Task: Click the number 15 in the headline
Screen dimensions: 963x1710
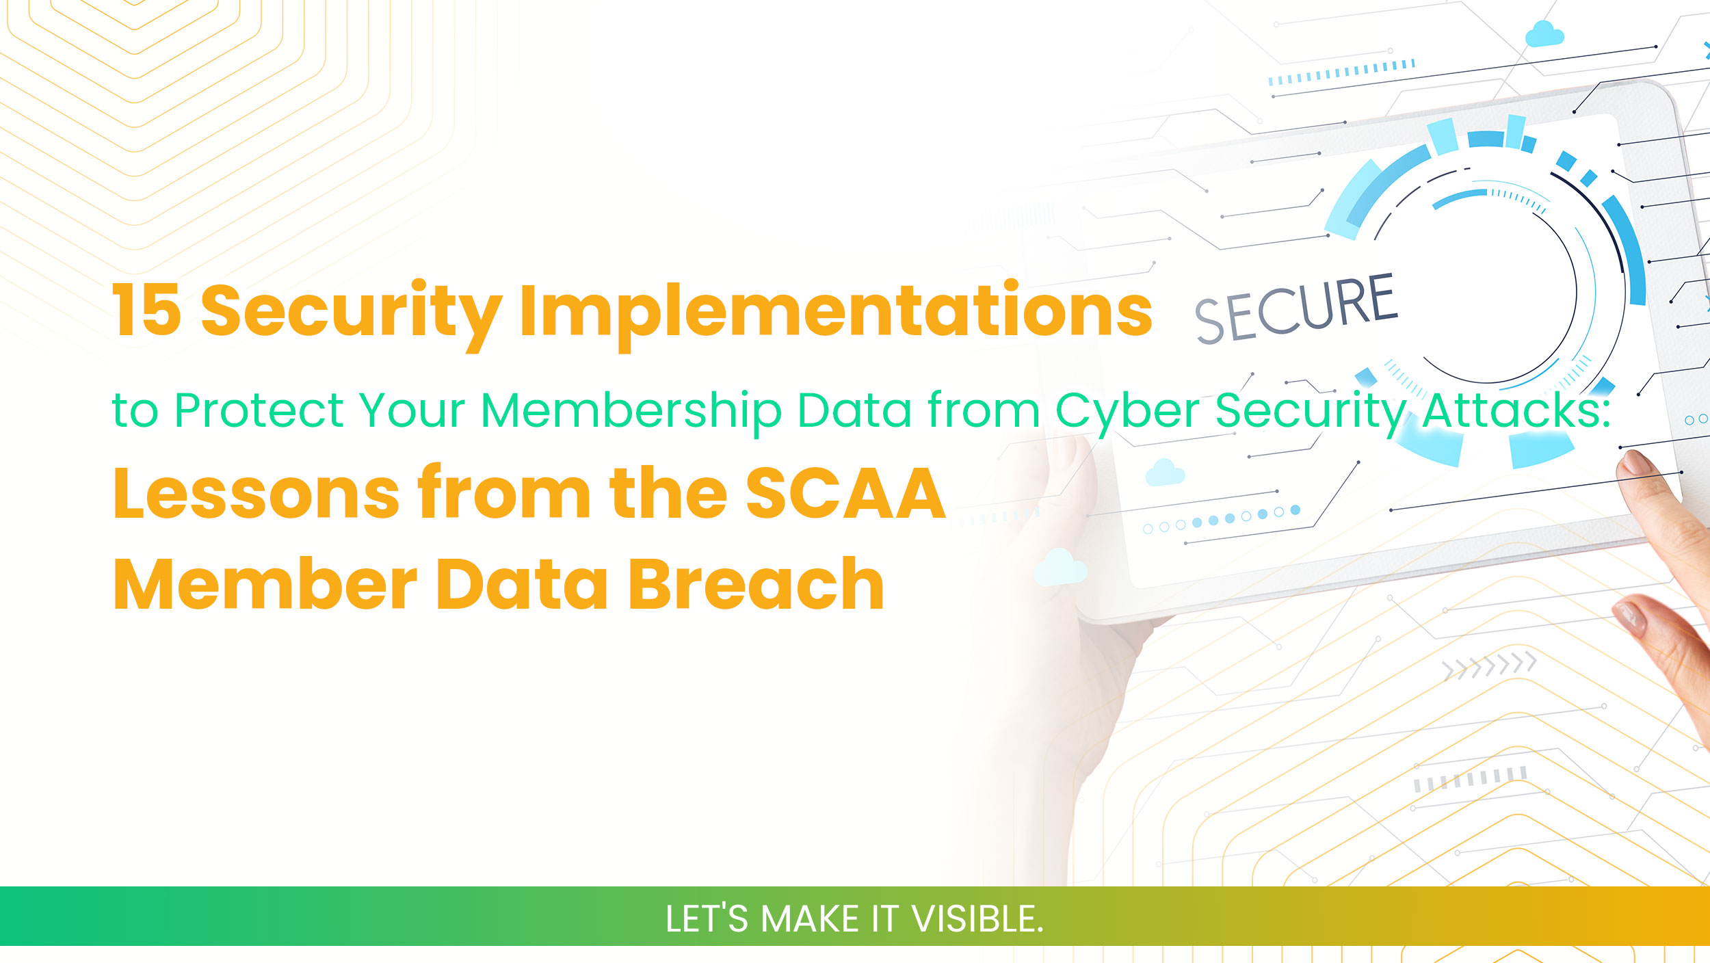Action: pyautogui.click(x=146, y=311)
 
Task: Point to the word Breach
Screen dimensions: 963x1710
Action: pyautogui.click(x=756, y=585)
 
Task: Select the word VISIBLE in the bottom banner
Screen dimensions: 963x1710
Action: pyautogui.click(x=977, y=919)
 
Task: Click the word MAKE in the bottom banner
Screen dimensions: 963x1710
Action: pyautogui.click(x=809, y=919)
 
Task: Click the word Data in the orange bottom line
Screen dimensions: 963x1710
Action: pyautogui.click(x=521, y=585)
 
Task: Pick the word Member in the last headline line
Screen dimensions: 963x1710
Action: pyautogui.click(x=265, y=585)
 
